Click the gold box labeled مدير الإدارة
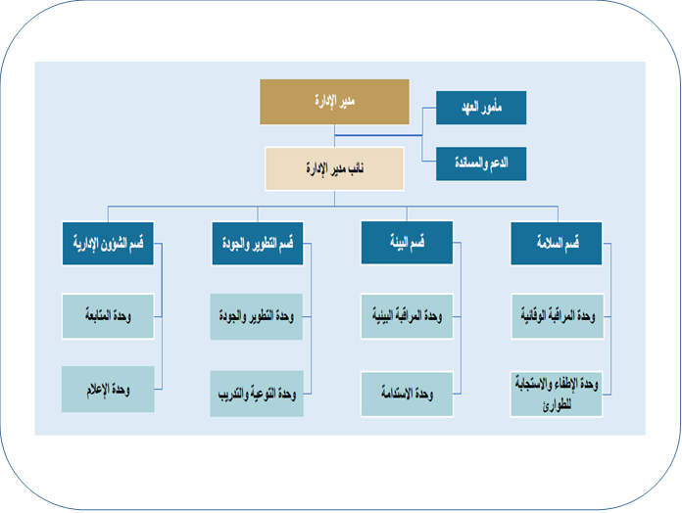tap(334, 103)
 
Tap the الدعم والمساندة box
tap(480, 163)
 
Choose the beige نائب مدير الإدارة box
tap(334, 168)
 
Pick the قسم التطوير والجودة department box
tap(257, 243)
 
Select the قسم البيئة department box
tap(407, 243)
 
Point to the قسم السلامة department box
tap(557, 243)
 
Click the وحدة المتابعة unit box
tap(108, 316)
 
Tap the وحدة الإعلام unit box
tap(108, 389)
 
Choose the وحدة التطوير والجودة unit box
tap(257, 316)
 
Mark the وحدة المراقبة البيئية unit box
tap(407, 316)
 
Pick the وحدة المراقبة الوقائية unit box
tap(557, 316)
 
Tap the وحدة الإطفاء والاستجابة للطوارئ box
tap(557, 394)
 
